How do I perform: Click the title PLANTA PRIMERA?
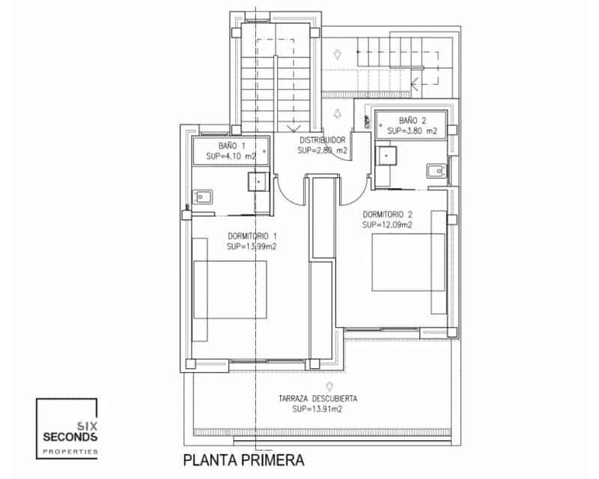[x=243, y=458]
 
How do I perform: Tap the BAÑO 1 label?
[x=231, y=145]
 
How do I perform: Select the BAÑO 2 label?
[x=412, y=120]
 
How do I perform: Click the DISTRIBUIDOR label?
[x=322, y=140]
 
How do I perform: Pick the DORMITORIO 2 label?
[x=388, y=213]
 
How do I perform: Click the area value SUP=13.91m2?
[x=317, y=409]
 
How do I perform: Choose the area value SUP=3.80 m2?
[x=412, y=131]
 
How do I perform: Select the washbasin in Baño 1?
[x=203, y=198]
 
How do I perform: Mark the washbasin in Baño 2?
[x=436, y=172]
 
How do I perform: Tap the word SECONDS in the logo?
[x=70, y=436]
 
